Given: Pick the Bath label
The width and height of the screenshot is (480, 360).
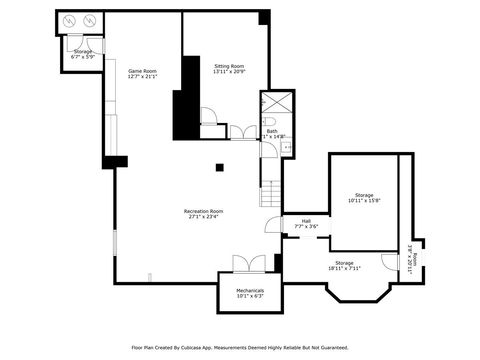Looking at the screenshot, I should (x=272, y=133).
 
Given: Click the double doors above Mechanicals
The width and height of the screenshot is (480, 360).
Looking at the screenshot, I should (x=248, y=263).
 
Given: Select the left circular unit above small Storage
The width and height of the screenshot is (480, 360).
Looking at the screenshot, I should (x=69, y=21).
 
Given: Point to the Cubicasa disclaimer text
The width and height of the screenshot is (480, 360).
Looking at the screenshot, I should (x=239, y=347).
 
